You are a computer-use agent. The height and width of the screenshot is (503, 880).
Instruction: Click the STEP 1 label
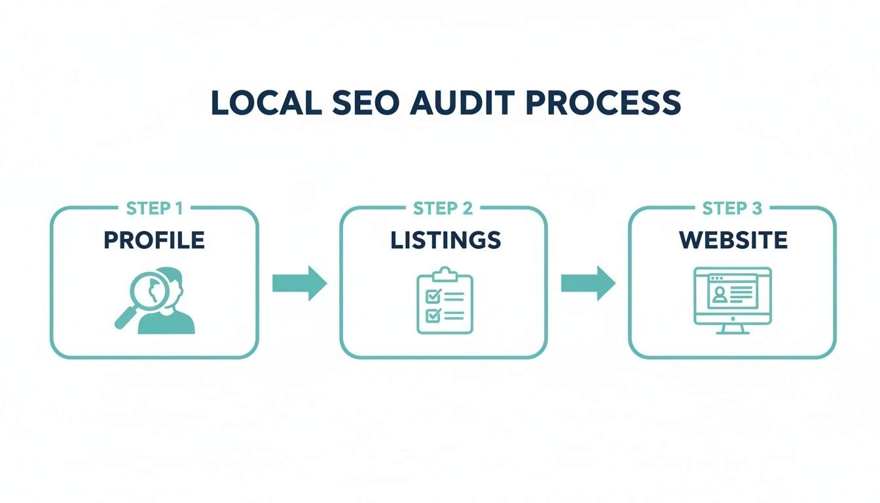point(154,209)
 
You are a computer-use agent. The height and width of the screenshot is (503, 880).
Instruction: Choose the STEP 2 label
point(443,209)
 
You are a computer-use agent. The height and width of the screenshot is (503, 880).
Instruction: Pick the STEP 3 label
point(732,209)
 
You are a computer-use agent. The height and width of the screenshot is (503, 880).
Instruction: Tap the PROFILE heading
point(154,240)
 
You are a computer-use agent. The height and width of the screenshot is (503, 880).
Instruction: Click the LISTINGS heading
point(445,240)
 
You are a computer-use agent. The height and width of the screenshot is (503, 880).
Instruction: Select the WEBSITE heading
point(733,240)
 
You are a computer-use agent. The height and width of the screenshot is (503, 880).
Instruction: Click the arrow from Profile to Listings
point(299,283)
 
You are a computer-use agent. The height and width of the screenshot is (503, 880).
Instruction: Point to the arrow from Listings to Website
point(588,283)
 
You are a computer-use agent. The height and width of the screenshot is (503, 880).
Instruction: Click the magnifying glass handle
point(125,319)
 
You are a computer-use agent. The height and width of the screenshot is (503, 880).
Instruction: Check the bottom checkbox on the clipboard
point(432,315)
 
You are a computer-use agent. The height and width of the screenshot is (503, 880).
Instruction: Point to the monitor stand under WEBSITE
point(732,327)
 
